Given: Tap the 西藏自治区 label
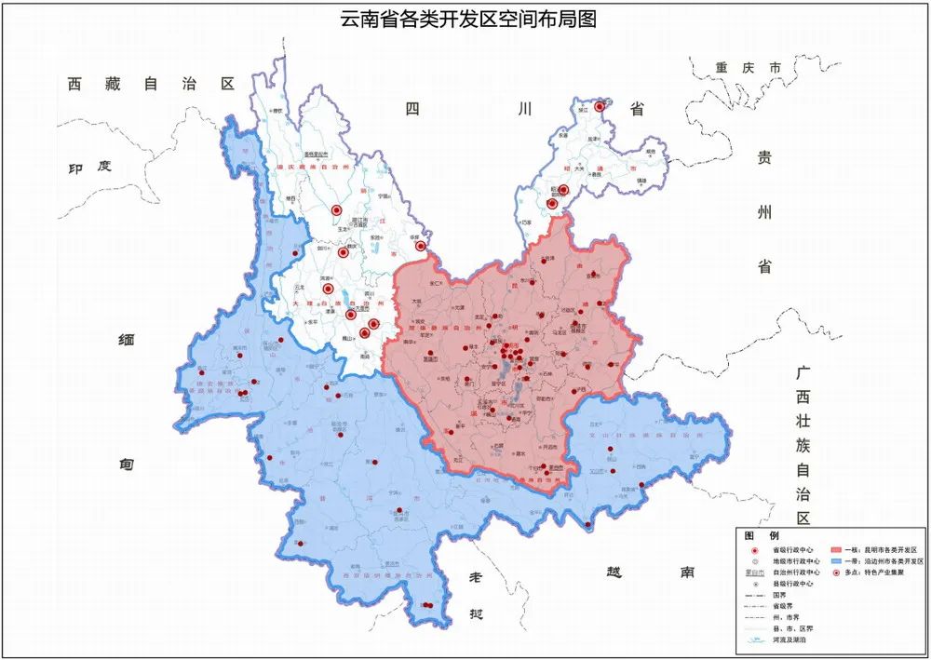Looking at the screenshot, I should (149, 84).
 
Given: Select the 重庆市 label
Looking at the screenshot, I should (748, 69).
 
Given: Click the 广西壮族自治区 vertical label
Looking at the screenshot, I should (803, 445).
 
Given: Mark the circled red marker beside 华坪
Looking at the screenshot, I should (421, 247).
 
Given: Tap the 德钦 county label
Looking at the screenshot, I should (277, 110).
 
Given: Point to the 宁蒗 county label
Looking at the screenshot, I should (382, 197).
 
